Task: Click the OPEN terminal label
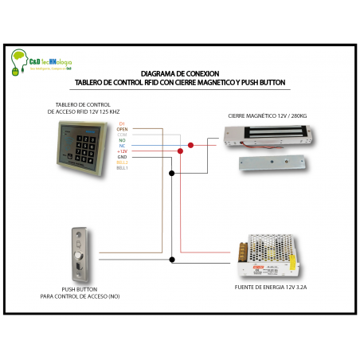pos(122,129)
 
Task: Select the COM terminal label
pos(122,135)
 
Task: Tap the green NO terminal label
pos(122,140)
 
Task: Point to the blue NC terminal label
pos(122,146)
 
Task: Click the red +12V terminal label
pos(122,151)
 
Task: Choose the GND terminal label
pos(122,157)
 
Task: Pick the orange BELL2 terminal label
pos(122,162)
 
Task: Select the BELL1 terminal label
pos(122,168)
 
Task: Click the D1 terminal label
pos(122,123)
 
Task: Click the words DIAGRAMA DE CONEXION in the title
pos(179,72)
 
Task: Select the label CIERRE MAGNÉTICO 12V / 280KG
pos(268,116)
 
